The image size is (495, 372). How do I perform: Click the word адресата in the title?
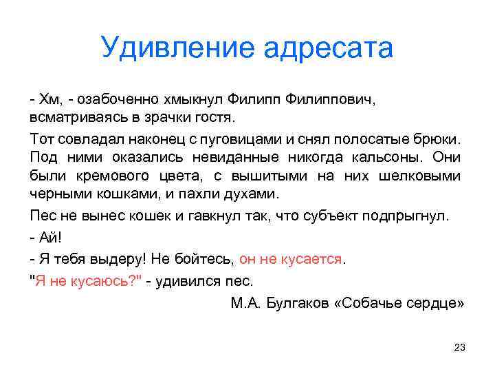328,48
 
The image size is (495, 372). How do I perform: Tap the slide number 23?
460,348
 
